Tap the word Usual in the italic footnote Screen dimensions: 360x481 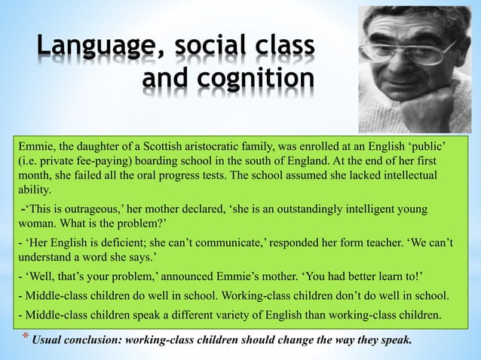click(x=48, y=339)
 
